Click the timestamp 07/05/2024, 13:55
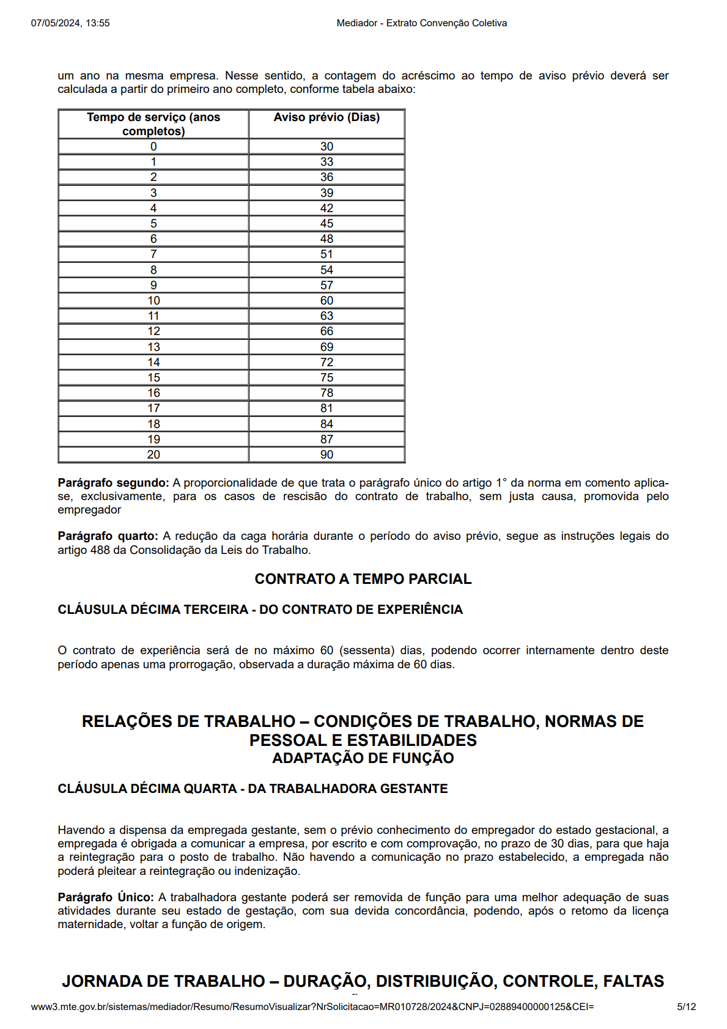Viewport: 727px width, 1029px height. click(x=70, y=23)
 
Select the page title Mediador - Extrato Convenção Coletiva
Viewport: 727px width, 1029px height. click(x=421, y=23)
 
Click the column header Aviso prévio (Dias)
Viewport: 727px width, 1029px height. click(x=327, y=117)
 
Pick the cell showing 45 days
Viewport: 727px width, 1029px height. click(x=327, y=224)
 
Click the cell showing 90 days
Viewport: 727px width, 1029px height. click(x=327, y=455)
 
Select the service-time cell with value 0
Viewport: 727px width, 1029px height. click(x=153, y=147)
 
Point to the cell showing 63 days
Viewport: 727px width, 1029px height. click(x=327, y=316)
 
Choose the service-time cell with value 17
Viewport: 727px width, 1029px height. click(x=153, y=408)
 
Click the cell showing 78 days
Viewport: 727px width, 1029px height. click(x=327, y=393)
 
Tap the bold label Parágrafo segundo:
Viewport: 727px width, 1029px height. click(x=113, y=483)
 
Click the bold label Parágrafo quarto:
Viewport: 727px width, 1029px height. click(x=108, y=536)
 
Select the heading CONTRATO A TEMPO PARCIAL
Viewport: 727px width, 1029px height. click(x=363, y=579)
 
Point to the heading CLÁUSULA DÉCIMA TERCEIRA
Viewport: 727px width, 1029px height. click(x=153, y=610)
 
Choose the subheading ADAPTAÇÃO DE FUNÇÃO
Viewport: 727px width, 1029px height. click(x=363, y=758)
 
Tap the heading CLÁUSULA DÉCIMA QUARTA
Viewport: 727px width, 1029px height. click(x=147, y=789)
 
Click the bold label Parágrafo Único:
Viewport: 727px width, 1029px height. click(x=106, y=898)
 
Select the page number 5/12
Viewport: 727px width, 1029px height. click(x=686, y=1007)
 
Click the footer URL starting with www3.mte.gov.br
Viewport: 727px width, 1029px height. click(x=312, y=1007)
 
